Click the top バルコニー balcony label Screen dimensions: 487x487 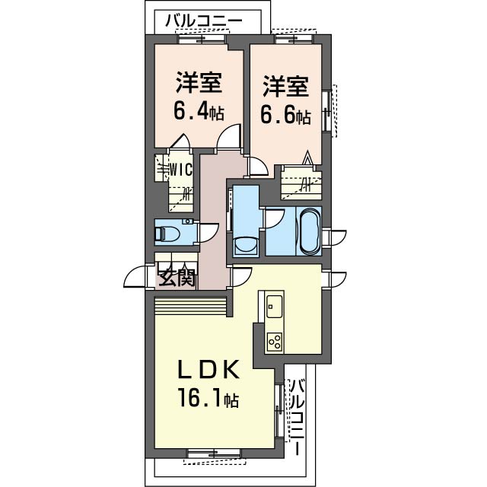[x=203, y=21]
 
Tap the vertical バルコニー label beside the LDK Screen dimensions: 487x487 [x=298, y=417]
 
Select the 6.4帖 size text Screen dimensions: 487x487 [x=199, y=111]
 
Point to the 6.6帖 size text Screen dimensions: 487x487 [x=285, y=116]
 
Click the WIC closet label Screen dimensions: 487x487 [x=181, y=170]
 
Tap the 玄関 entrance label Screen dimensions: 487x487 [x=177, y=277]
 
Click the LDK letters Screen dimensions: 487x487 [x=208, y=369]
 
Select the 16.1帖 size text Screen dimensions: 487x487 [x=208, y=398]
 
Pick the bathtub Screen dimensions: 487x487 [x=310, y=231]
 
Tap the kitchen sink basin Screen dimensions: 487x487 [x=274, y=306]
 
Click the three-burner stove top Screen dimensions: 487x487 [x=275, y=342]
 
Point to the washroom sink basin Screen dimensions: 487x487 [x=246, y=245]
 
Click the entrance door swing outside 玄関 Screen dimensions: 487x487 [x=135, y=276]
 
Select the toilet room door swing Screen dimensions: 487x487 [x=209, y=233]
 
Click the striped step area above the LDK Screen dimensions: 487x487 [x=190, y=306]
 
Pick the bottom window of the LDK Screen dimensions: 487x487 [x=215, y=454]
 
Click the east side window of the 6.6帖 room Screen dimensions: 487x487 [x=326, y=111]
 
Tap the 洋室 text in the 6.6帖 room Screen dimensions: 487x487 [x=285, y=86]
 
